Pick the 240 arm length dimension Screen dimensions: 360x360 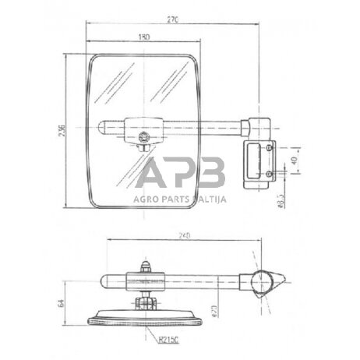[185, 233]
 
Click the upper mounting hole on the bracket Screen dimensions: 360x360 [270, 146]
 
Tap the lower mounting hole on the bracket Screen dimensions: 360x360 [270, 173]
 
